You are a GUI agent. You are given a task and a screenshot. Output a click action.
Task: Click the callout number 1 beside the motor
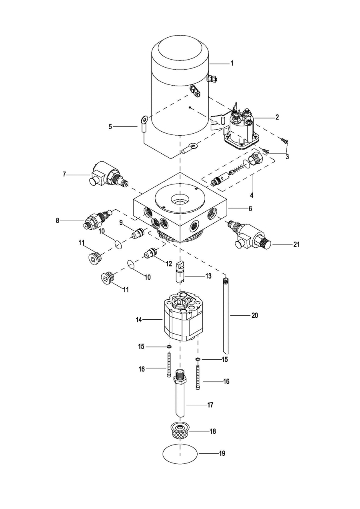click(x=232, y=63)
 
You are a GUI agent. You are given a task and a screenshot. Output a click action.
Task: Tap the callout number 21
click(x=296, y=244)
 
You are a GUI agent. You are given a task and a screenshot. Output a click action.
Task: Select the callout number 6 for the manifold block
click(x=250, y=208)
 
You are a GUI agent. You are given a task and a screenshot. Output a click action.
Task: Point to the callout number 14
click(x=139, y=320)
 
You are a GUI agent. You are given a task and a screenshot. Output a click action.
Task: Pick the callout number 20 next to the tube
click(x=255, y=315)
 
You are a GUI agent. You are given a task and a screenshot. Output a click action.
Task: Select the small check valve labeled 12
click(x=150, y=252)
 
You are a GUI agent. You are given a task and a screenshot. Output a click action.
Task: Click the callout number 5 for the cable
click(x=110, y=126)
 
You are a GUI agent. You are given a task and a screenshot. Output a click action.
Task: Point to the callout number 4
click(x=252, y=195)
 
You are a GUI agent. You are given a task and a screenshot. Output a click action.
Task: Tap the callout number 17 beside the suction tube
click(x=210, y=405)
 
